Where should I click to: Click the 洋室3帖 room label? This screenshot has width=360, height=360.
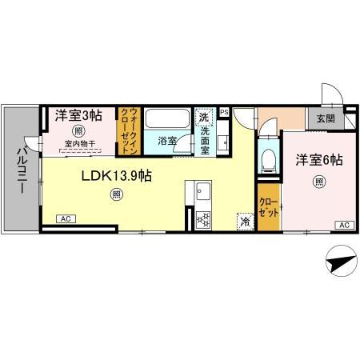click(x=78, y=116)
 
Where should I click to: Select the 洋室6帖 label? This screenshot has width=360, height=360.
click(x=318, y=160)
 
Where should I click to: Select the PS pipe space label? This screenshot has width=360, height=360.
click(x=225, y=113)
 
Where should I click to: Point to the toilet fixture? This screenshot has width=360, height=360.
click(x=268, y=158)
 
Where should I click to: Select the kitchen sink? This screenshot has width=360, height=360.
click(x=202, y=192)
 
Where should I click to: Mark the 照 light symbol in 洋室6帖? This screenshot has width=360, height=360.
click(x=318, y=180)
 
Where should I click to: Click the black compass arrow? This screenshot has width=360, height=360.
click(x=339, y=262)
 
